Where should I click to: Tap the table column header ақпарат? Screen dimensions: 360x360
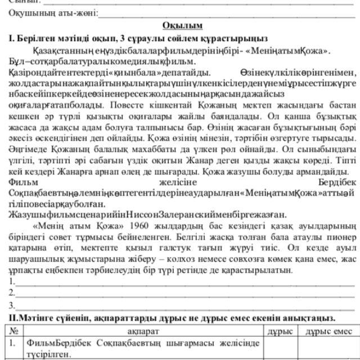coord(143,331)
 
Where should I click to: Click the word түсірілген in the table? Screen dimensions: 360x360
coord(48,354)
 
